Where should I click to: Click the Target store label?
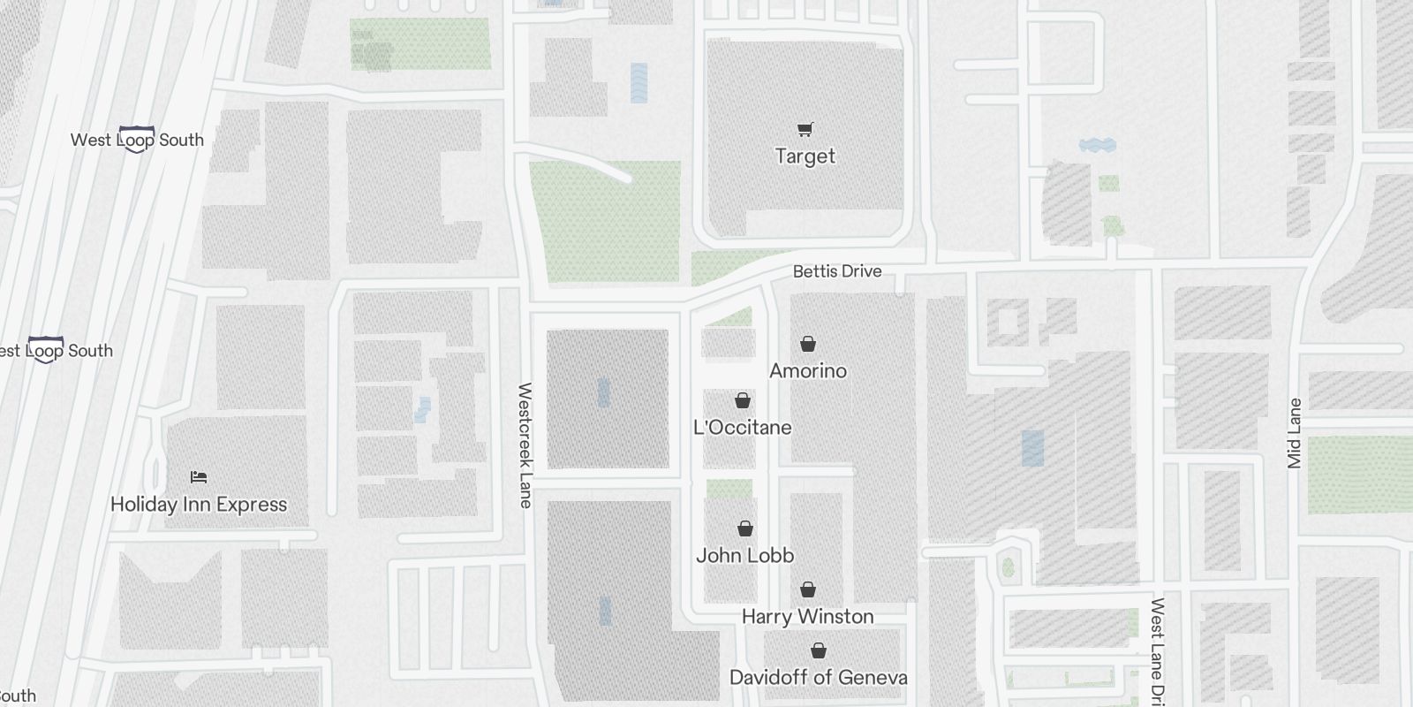pyautogui.click(x=805, y=156)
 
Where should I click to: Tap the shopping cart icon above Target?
pyautogui.click(x=805, y=130)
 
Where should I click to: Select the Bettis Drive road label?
pyautogui.click(x=836, y=271)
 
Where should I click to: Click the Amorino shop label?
pyautogui.click(x=807, y=371)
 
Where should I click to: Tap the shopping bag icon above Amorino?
pyautogui.click(x=807, y=344)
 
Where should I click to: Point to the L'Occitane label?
pyautogui.click(x=742, y=428)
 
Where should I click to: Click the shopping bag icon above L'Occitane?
pyautogui.click(x=743, y=400)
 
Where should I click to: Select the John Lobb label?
pyautogui.click(x=744, y=556)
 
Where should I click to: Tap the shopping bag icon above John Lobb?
pyautogui.click(x=745, y=528)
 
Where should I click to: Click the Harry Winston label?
pyautogui.click(x=807, y=617)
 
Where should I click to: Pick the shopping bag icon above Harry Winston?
pyautogui.click(x=807, y=589)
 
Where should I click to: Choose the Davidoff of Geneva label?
pyautogui.click(x=818, y=678)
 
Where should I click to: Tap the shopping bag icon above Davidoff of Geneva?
pyautogui.click(x=819, y=650)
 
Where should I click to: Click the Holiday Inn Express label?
pyautogui.click(x=199, y=505)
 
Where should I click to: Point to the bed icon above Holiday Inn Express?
pyautogui.click(x=199, y=477)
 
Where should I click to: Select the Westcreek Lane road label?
pyautogui.click(x=525, y=445)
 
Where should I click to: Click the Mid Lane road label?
pyautogui.click(x=1295, y=433)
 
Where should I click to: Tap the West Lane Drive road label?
pyautogui.click(x=1157, y=650)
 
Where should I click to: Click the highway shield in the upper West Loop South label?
pyautogui.click(x=136, y=139)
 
